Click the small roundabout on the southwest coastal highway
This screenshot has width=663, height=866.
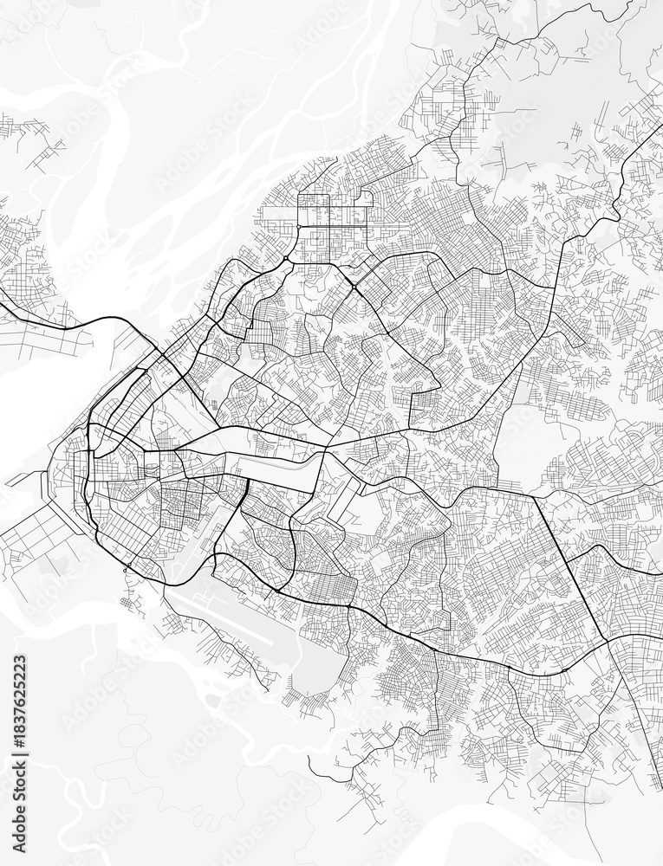click(x=127, y=568)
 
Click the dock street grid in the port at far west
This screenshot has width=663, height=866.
click(x=35, y=537)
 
